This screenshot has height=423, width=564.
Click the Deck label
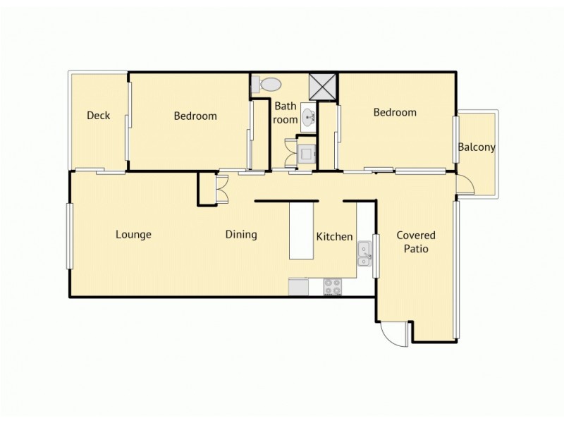pos(98,116)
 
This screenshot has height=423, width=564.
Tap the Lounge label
pos(133,235)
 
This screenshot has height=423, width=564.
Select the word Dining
pos(241,235)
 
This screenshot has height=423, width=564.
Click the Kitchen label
pos(334,236)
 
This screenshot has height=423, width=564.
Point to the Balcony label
pos(477,147)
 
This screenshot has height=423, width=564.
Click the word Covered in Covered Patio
pos(415,235)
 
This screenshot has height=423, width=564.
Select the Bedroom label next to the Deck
pos(195,116)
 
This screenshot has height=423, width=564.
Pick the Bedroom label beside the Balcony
pos(395,112)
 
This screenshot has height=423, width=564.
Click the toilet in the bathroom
pos(269,85)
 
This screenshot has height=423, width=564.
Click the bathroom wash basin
pos(308,117)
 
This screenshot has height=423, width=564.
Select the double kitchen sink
pos(364,253)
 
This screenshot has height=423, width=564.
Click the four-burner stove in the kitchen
pos(332,287)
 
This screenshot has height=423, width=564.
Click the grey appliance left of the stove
pos(298,287)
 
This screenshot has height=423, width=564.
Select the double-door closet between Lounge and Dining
pos(212,188)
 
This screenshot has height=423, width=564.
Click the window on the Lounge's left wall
pos(69,235)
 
